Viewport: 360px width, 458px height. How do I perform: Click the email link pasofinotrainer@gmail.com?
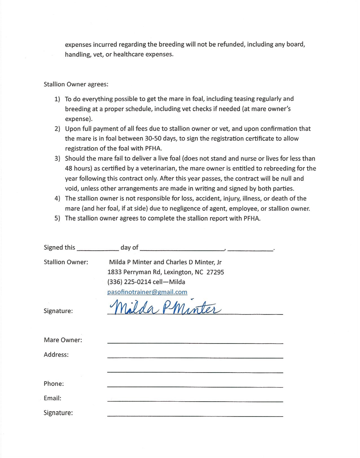147,292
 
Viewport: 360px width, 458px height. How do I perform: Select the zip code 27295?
215,273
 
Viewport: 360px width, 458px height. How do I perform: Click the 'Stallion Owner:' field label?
66,263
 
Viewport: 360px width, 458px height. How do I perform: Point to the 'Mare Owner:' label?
63,340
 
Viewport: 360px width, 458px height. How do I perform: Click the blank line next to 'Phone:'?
195,386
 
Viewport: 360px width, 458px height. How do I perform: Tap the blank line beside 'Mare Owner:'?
195,343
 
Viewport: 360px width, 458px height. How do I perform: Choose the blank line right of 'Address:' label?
195,357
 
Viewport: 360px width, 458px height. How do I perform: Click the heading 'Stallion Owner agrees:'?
76,84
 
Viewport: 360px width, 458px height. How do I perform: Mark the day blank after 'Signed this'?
98,248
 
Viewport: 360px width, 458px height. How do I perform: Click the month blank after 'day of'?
182,248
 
